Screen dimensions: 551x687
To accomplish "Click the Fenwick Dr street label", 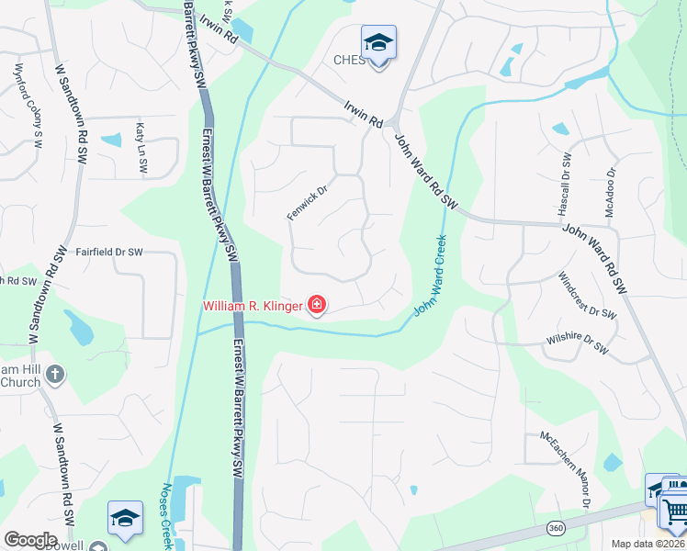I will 307,199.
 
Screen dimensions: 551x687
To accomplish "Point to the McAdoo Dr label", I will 611,191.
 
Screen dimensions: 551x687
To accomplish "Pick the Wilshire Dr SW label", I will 576,342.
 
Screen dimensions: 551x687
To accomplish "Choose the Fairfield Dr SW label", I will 109,252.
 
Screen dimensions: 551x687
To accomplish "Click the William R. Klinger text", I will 253,305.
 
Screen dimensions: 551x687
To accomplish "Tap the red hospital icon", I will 317,304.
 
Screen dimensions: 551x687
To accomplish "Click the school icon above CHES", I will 377,43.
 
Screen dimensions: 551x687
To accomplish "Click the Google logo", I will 29,540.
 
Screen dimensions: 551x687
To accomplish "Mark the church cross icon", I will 55,374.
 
